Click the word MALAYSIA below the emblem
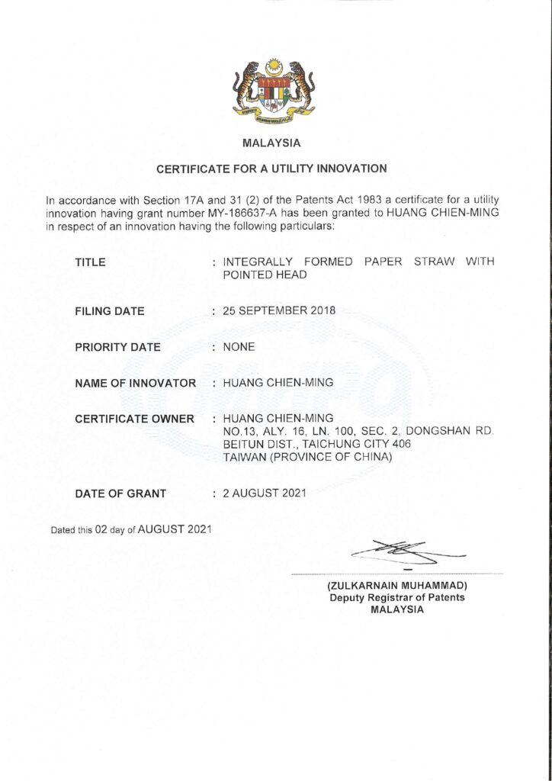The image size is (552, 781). click(272, 143)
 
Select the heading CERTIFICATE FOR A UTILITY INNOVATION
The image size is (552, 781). click(272, 168)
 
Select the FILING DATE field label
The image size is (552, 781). click(110, 311)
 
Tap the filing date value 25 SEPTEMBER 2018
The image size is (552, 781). click(279, 310)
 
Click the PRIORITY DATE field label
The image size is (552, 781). click(118, 347)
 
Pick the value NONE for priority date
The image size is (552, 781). click(239, 347)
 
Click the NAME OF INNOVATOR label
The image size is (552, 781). click(136, 383)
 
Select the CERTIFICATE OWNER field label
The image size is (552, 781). click(134, 419)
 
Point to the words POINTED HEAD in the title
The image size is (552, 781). click(265, 275)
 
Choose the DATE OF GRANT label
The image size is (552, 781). click(120, 493)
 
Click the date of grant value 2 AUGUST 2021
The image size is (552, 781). click(265, 493)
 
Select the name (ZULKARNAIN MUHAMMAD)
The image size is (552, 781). click(396, 586)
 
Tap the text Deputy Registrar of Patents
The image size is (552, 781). click(396, 598)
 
